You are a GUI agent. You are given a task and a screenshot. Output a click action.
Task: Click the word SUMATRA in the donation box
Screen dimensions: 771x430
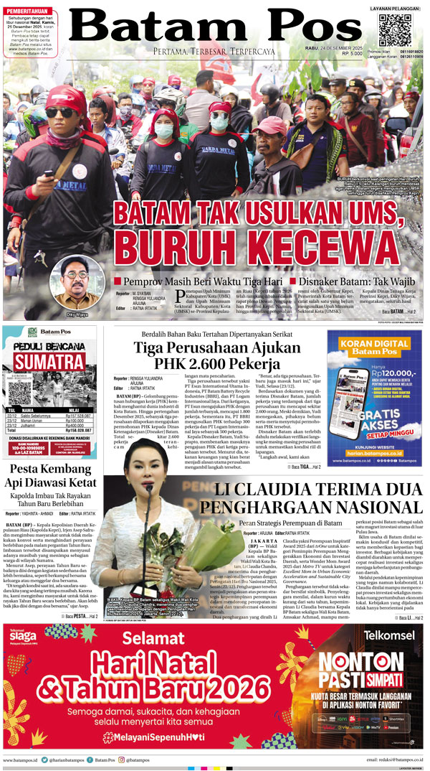point(49,361)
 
